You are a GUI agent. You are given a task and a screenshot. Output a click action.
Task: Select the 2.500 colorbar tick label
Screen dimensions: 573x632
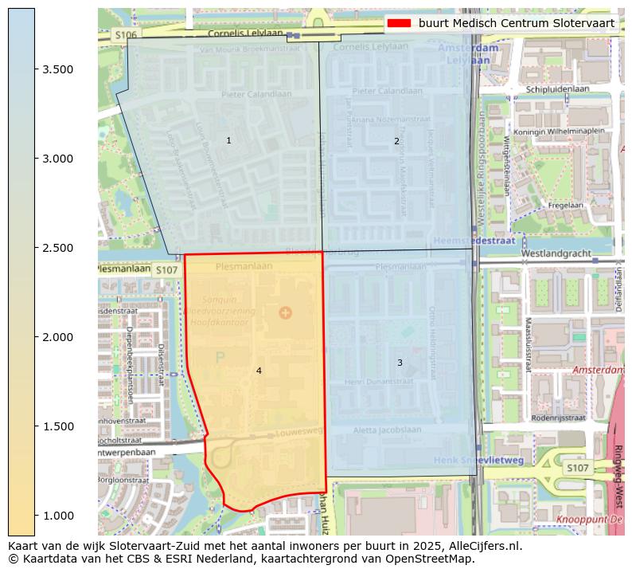(58, 248)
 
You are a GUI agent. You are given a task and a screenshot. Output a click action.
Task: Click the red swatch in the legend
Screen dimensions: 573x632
(400, 23)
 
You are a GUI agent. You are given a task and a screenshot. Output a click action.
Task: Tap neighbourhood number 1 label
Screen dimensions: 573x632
(228, 141)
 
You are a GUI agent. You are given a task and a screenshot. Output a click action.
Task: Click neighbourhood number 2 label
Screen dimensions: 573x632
(396, 142)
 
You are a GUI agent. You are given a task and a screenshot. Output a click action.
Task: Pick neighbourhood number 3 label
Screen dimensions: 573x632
(400, 363)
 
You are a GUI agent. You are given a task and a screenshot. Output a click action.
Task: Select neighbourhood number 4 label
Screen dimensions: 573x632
(259, 371)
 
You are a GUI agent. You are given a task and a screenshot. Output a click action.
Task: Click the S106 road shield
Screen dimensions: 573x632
(125, 35)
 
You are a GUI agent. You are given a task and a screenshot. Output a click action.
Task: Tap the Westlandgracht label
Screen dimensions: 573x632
(556, 253)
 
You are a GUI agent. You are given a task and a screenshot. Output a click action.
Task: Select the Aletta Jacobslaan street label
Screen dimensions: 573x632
(388, 430)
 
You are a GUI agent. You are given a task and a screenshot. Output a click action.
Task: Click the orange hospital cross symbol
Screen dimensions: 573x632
(286, 312)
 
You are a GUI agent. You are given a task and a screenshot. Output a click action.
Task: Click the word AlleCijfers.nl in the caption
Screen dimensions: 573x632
(482, 546)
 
